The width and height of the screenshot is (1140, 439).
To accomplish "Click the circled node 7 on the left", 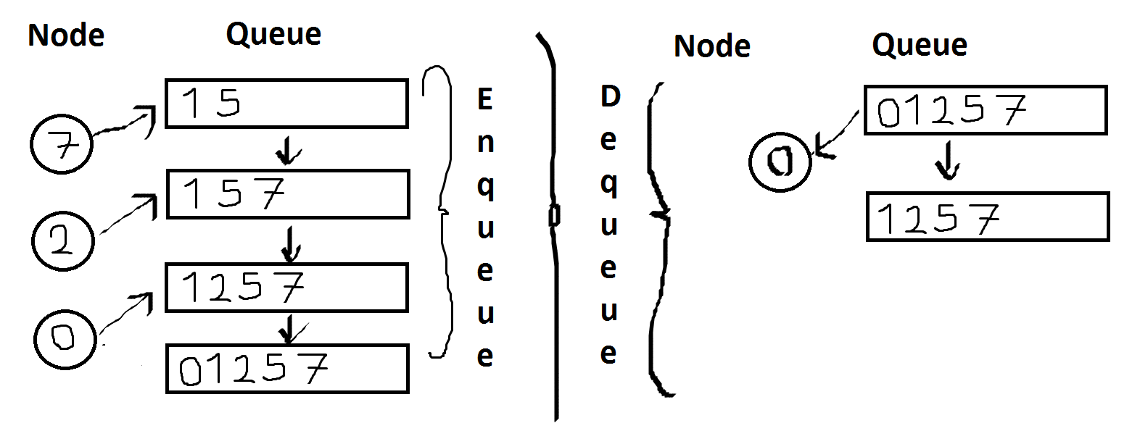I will pyautogui.click(x=62, y=144).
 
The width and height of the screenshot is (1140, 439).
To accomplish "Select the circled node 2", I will pyautogui.click(x=62, y=240).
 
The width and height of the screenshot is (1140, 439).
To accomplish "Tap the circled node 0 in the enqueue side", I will pyautogui.click(x=65, y=338).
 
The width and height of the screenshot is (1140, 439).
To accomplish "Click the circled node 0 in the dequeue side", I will pyautogui.click(x=780, y=162).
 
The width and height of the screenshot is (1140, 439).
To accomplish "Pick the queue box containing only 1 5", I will pyautogui.click(x=286, y=104).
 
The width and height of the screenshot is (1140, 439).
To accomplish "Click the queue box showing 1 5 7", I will pyautogui.click(x=288, y=194).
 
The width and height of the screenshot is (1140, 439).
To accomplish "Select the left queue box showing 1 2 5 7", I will pyautogui.click(x=286, y=288).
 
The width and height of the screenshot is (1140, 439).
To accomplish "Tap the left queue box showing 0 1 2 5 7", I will pyautogui.click(x=287, y=369).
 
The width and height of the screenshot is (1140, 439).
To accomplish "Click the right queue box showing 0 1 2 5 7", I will pyautogui.click(x=985, y=110).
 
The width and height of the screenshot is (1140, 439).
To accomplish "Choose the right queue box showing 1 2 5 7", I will pyautogui.click(x=987, y=217).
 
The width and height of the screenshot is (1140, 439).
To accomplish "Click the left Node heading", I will pyautogui.click(x=66, y=35).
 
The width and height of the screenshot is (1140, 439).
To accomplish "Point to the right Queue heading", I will pyautogui.click(x=919, y=45).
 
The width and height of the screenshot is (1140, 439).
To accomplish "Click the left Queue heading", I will pyautogui.click(x=273, y=34).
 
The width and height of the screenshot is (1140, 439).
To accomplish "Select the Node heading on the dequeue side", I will pyautogui.click(x=711, y=46).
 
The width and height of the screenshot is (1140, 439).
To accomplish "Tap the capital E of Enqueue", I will pyautogui.click(x=484, y=99).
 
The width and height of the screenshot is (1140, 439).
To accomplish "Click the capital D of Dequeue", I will pyautogui.click(x=610, y=96).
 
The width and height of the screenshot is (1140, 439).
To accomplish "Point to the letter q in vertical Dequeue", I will pyautogui.click(x=609, y=184).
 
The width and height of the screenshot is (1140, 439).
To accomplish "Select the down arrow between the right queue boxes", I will pyautogui.click(x=947, y=161).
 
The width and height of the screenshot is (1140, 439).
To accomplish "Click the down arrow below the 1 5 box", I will pyautogui.click(x=289, y=151).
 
